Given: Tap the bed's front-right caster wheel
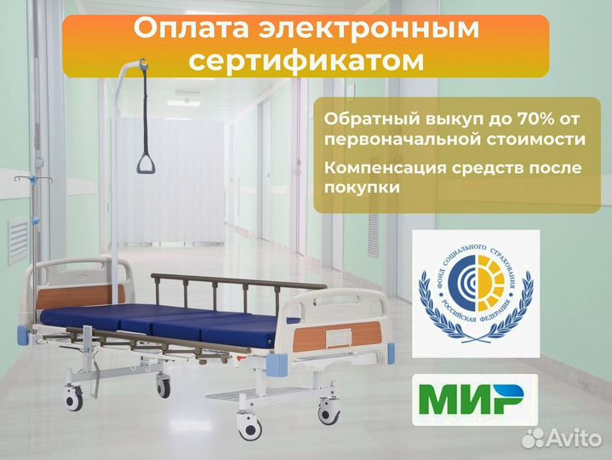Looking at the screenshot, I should coord(329,412).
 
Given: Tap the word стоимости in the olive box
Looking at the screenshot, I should coord(533,138).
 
